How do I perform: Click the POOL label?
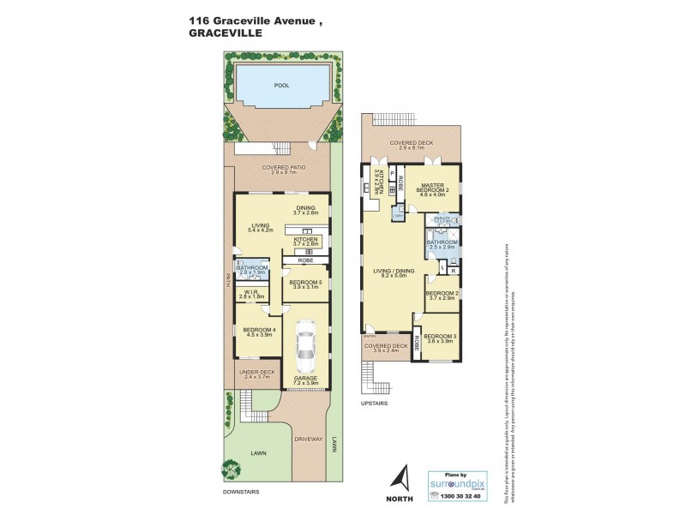point(281,87)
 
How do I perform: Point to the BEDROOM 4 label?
point(259,331)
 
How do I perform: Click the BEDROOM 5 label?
point(305,282)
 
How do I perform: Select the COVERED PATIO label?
point(281,169)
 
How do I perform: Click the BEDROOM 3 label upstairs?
point(438,336)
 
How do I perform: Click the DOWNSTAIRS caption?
point(240,493)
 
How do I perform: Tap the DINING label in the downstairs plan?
point(306,207)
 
